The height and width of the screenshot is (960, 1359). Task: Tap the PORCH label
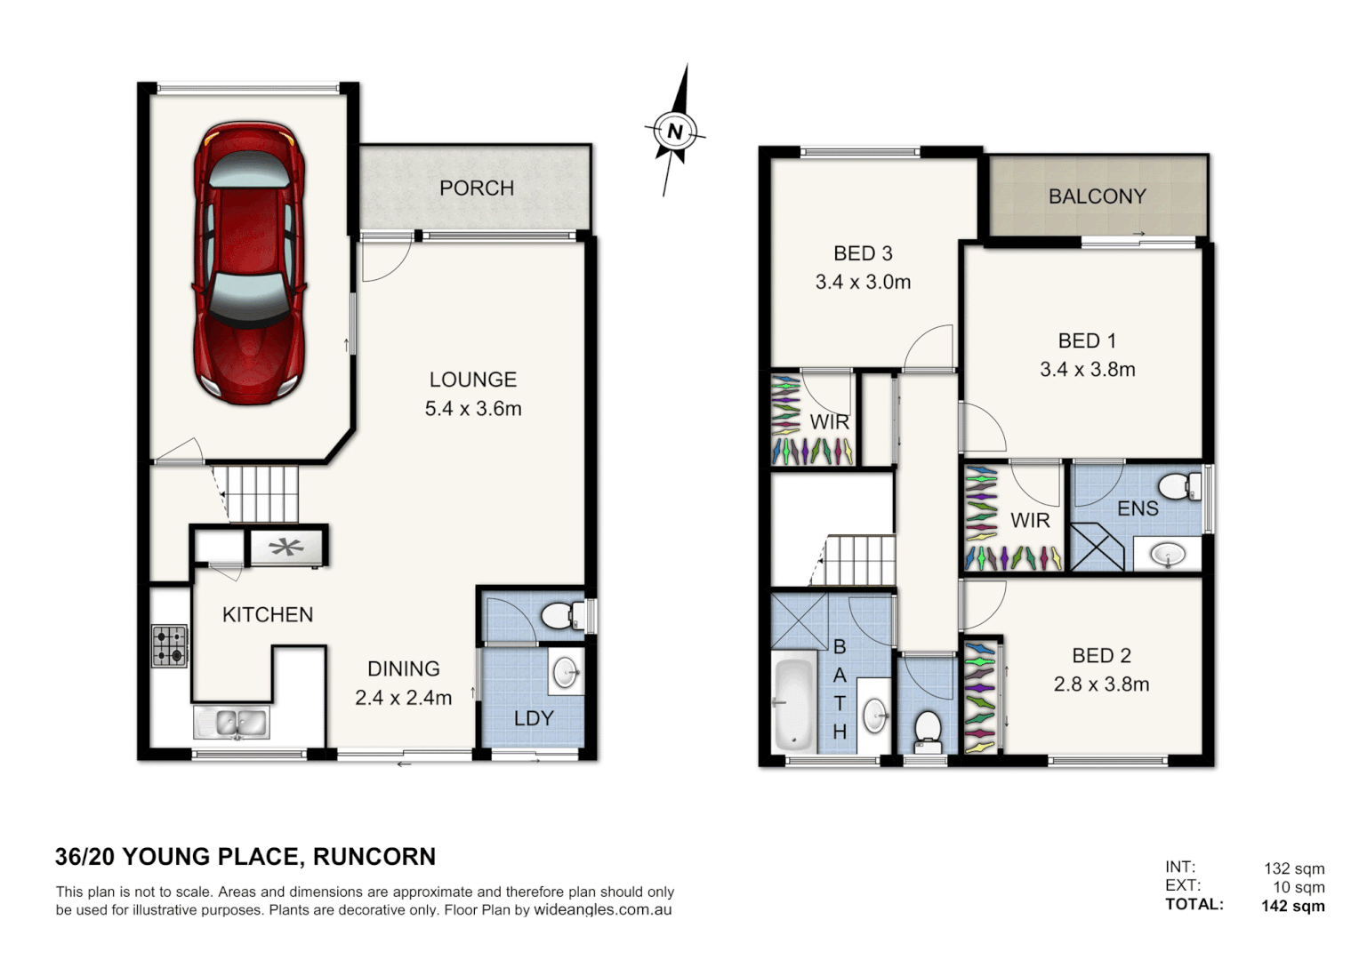477,188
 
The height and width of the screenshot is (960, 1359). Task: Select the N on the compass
675,132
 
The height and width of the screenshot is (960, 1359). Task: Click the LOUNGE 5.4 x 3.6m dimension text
473,409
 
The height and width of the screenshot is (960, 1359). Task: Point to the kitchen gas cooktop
169,646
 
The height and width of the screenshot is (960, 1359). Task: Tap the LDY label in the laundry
534,718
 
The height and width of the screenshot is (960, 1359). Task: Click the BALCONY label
1097,196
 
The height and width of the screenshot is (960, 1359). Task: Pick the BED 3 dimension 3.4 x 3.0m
863,283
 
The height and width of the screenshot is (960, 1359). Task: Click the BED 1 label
1087,340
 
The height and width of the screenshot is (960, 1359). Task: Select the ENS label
1138,508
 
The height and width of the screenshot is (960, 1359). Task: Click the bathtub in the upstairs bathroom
794,704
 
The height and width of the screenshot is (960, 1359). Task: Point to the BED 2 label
1101,656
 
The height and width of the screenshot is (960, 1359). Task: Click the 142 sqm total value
1292,906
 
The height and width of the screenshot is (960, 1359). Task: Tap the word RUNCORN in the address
374,857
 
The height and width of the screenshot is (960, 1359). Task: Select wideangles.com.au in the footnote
602,910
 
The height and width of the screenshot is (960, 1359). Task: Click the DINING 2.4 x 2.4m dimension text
403,698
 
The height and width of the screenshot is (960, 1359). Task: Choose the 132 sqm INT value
1294,868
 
